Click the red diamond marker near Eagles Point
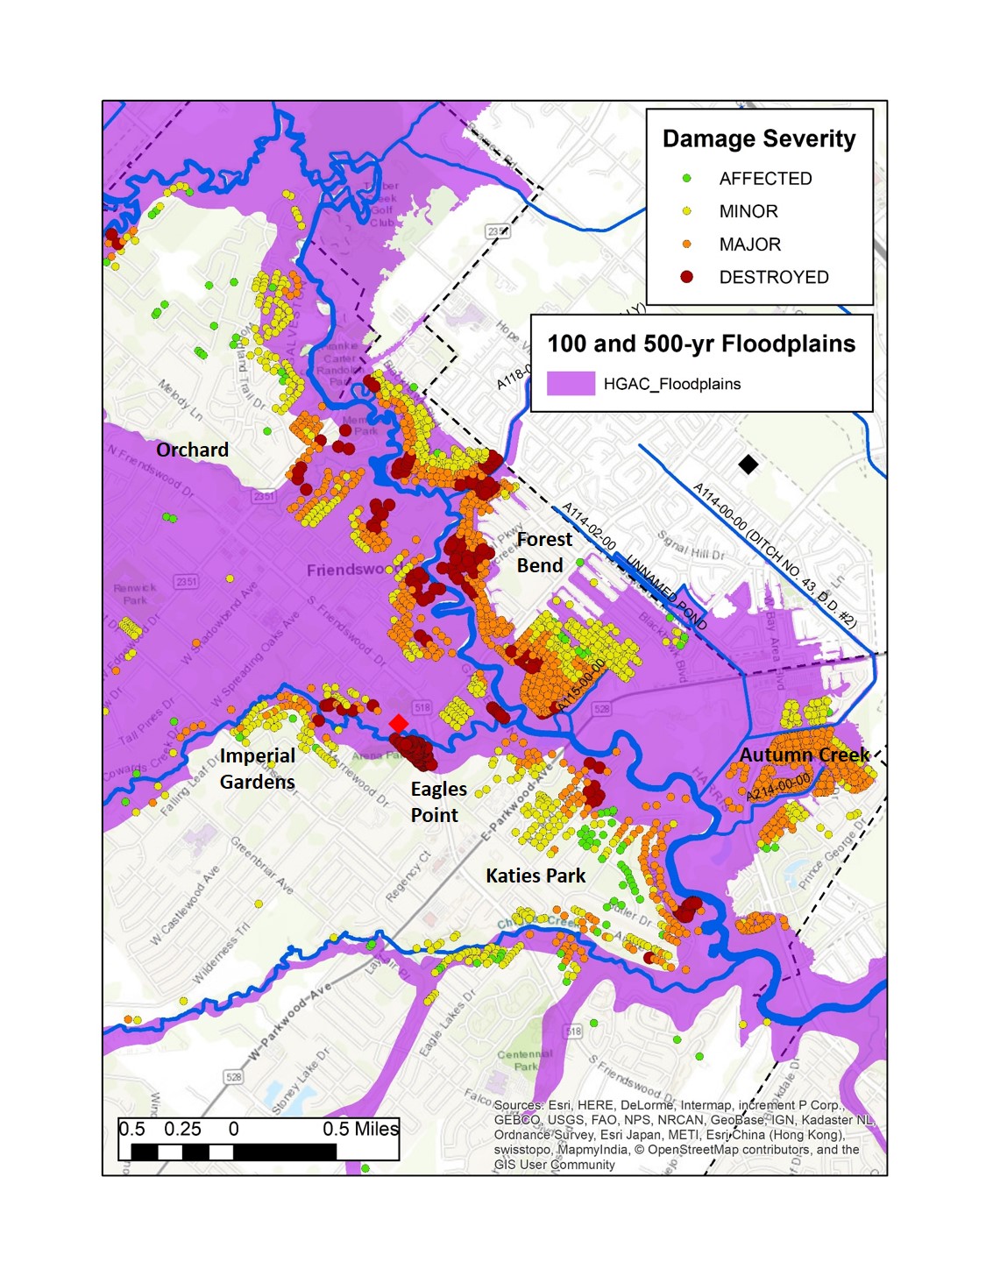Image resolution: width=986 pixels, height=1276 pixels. [x=398, y=723]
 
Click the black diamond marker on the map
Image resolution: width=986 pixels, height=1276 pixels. [x=748, y=464]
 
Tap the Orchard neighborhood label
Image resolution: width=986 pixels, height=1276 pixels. [x=192, y=450]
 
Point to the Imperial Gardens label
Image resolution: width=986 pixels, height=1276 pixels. [x=257, y=769]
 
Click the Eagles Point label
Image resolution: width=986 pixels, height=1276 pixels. [x=438, y=802]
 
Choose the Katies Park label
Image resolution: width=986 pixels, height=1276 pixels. [x=536, y=875]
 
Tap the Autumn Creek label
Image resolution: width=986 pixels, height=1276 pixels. [x=804, y=755]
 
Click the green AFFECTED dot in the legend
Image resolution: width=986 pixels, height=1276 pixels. [x=687, y=178]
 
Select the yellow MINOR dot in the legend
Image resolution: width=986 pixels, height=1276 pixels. [x=687, y=211]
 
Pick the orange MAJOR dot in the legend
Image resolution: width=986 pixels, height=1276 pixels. [x=687, y=245]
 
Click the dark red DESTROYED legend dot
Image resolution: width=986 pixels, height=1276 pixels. [x=687, y=277]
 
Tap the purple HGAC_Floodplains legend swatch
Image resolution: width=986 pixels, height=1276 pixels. [x=571, y=384]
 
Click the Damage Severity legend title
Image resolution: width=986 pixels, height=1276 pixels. [x=759, y=139]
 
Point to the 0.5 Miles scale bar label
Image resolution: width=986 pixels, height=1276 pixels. [x=360, y=1129]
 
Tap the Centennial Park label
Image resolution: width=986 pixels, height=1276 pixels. [x=526, y=1060]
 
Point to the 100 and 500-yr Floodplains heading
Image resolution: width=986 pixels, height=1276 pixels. [x=701, y=344]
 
